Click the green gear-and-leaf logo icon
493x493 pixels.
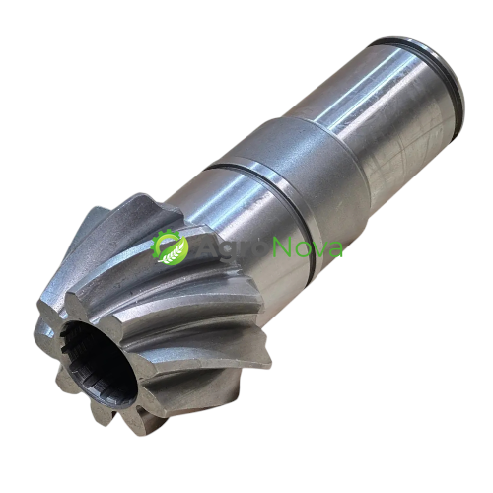click(170, 246)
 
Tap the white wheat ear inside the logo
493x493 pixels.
click(170, 252)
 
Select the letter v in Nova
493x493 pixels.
click(318, 250)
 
